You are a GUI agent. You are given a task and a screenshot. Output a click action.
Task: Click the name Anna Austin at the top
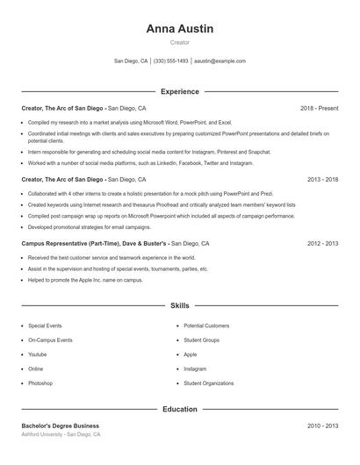pos(180,28)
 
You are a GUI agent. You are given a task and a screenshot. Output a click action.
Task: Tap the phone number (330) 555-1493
pos(170,61)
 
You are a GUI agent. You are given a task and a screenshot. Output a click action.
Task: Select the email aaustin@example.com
pos(220,61)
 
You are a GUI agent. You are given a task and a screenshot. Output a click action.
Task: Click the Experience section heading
pos(180,91)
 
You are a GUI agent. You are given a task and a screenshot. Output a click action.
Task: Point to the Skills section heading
pos(180,306)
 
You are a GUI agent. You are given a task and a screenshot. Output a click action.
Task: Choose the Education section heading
pos(180,409)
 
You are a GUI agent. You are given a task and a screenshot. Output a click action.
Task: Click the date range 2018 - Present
pos(319,108)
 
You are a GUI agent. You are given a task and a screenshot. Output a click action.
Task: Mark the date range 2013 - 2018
pos(322,179)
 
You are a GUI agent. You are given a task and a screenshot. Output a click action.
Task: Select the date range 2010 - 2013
pos(322,426)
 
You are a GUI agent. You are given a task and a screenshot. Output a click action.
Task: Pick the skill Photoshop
pos(40,383)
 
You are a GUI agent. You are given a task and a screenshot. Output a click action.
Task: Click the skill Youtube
pos(37,354)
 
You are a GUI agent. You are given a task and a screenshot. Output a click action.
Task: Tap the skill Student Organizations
pos(209,383)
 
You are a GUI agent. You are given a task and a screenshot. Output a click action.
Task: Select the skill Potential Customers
pos(206,325)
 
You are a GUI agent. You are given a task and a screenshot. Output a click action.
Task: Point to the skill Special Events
pos(44,325)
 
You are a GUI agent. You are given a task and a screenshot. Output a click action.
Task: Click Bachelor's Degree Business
pos(61,426)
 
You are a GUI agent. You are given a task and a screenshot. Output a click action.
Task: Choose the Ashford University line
pos(61,434)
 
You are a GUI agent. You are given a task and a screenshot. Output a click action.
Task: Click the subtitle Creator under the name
pos(180,42)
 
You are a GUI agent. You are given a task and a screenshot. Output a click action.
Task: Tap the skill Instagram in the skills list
pos(195,368)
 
